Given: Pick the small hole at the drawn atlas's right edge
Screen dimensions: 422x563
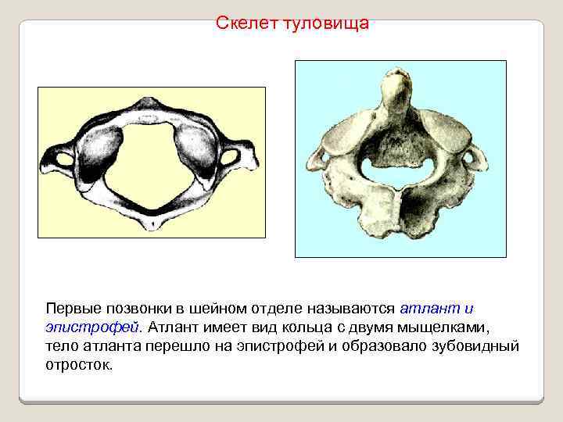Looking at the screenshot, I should (229, 158).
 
